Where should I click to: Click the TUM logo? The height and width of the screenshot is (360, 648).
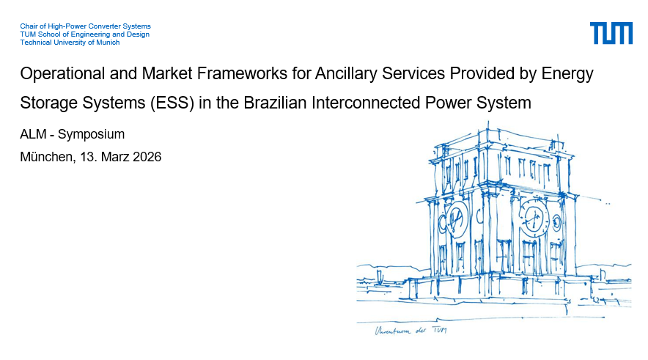pyautogui.click(x=611, y=33)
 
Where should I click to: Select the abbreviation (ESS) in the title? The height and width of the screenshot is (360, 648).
pyautogui.click(x=172, y=103)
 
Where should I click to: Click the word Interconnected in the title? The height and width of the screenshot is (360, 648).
pyautogui.click(x=366, y=103)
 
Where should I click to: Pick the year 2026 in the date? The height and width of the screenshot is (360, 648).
pyautogui.click(x=147, y=157)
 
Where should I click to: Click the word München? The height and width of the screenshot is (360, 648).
pyautogui.click(x=48, y=157)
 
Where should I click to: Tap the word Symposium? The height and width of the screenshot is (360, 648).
pyautogui.click(x=91, y=134)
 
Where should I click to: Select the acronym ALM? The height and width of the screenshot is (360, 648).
pyautogui.click(x=33, y=134)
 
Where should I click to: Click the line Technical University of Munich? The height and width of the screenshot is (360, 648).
pyautogui.click(x=70, y=42)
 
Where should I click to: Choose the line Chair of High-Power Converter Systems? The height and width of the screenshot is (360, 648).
pyautogui.click(x=86, y=26)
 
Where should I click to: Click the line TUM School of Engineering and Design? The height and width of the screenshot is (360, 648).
pyautogui.click(x=85, y=34)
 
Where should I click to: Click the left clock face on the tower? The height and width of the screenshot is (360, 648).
pyautogui.click(x=457, y=218)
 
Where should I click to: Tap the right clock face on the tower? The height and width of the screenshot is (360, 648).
pyautogui.click(x=534, y=218)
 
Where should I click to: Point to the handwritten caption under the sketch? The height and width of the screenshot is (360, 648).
pyautogui.click(x=410, y=330)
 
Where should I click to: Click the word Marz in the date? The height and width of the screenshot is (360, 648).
pyautogui.click(x=115, y=157)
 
